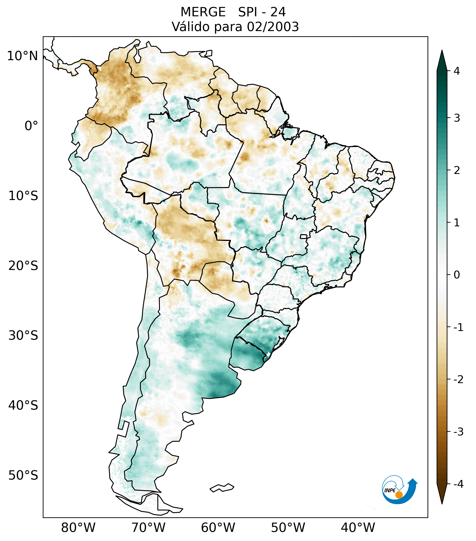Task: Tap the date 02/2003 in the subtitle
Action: [x=273, y=27]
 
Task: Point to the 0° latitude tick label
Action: [x=31, y=126]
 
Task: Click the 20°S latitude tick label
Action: [x=23, y=266]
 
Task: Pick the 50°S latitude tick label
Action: [x=23, y=475]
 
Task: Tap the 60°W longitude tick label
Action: [x=218, y=528]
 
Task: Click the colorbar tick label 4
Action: [x=457, y=71]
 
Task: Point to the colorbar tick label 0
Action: [x=457, y=275]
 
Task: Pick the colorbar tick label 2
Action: [x=457, y=170]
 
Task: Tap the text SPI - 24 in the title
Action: [x=262, y=12]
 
